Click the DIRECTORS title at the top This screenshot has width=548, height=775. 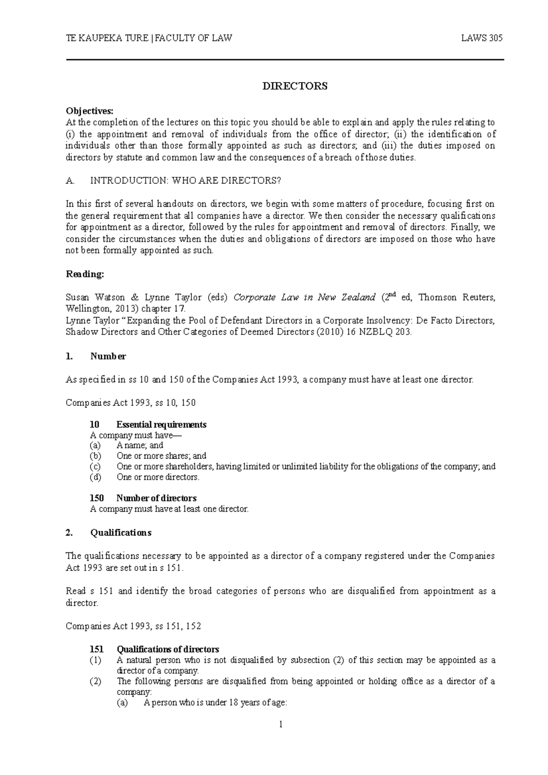click(x=295, y=86)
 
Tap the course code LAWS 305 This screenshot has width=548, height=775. click(x=482, y=38)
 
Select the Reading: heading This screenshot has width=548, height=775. click(x=85, y=274)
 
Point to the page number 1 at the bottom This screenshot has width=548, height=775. click(x=281, y=724)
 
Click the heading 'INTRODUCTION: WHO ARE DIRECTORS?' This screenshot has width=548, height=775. click(x=186, y=181)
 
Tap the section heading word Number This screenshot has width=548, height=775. click(x=108, y=356)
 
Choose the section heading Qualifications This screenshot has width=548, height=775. click(x=121, y=533)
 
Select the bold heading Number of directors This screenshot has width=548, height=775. click(x=156, y=498)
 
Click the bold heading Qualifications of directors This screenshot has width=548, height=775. click(x=168, y=649)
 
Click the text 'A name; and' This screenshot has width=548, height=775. click(x=140, y=445)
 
